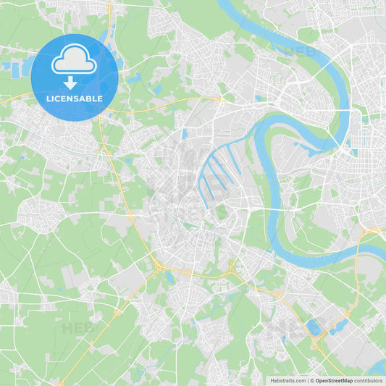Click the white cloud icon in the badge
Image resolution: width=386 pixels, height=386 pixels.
(75, 59)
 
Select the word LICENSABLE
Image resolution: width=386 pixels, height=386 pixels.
(75, 98)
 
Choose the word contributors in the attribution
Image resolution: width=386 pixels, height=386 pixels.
(368, 380)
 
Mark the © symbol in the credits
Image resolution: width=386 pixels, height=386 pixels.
(311, 380)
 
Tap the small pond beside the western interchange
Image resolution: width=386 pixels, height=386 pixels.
(169, 277)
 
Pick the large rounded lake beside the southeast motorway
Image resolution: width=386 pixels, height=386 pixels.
(314, 327)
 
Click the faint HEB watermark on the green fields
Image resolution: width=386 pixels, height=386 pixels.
(77, 328)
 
